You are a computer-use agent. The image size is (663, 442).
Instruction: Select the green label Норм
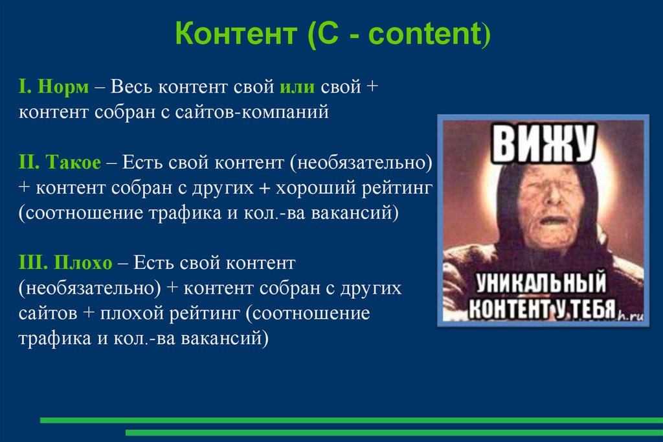click(63, 87)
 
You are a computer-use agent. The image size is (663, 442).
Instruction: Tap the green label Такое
click(74, 162)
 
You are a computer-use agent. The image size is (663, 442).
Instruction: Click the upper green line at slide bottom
click(350, 420)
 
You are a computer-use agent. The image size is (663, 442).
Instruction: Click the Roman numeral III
click(30, 263)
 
